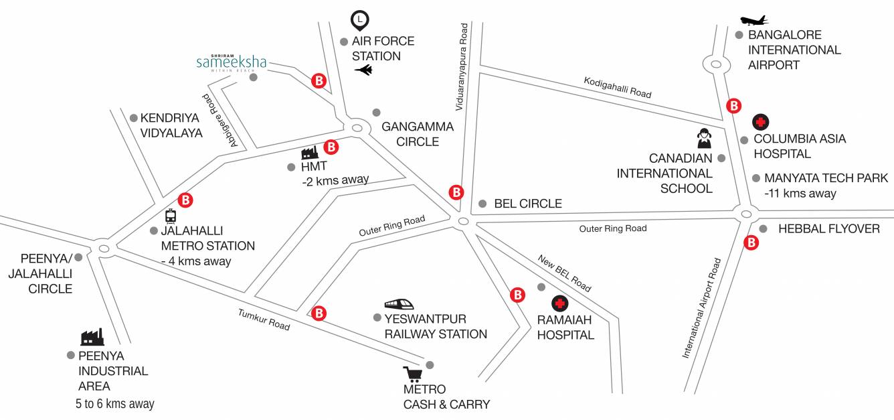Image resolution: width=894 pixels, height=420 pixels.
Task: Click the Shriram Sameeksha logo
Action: coord(231,62)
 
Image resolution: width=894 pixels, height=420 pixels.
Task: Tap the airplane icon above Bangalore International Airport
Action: coord(754,21)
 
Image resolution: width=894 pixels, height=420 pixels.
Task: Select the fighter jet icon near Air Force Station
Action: coord(363,70)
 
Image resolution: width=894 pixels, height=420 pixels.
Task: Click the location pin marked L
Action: coord(360,21)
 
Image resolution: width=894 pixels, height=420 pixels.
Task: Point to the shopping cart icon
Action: coord(412,374)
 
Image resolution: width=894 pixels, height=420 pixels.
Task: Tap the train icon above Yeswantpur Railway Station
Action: coord(404,305)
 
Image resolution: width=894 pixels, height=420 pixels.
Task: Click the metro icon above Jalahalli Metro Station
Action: coord(171,216)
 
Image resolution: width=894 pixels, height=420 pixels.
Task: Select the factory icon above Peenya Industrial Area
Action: coord(92,336)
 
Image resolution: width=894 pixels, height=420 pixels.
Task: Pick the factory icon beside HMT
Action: coord(308,153)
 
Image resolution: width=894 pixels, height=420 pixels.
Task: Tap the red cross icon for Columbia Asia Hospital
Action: coord(760,122)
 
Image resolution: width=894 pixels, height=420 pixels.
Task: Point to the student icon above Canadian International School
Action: coord(703,138)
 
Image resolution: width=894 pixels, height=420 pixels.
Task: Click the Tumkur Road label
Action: coord(264,320)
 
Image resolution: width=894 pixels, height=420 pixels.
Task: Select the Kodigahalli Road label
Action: coord(617,87)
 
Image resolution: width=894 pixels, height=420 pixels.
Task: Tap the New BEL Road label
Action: coord(564,273)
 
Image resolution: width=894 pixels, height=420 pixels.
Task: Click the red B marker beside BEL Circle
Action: coord(456,192)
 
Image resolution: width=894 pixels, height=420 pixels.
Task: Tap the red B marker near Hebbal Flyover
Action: coord(751,242)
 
